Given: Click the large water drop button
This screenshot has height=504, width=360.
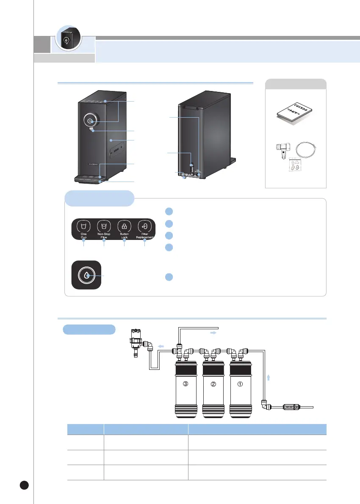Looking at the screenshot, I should pyautogui.click(x=86, y=275).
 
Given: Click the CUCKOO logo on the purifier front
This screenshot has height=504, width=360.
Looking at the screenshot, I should pyautogui.click(x=94, y=162).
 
